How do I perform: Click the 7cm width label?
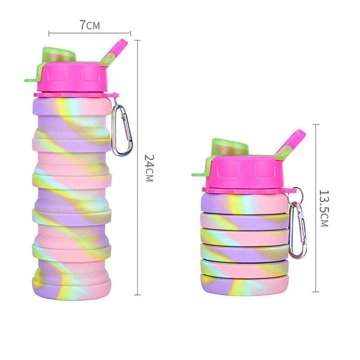pyautogui.click(x=90, y=25)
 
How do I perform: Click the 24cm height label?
pyautogui.click(x=149, y=168)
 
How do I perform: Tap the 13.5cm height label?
pyautogui.click(x=324, y=208)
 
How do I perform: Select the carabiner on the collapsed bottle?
pyautogui.click(x=298, y=230)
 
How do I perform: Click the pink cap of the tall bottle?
pyautogui.click(x=72, y=77)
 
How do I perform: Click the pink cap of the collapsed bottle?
pyautogui.click(x=245, y=172)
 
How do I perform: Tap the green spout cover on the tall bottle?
pyautogui.click(x=59, y=55)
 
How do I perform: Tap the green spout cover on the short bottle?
pyautogui.click(x=230, y=147)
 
